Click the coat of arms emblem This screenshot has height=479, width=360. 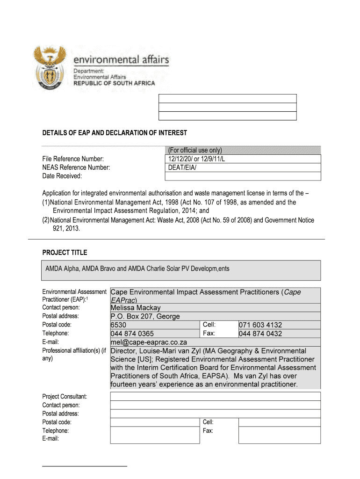[x=49, y=68]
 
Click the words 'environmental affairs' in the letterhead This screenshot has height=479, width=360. [x=121, y=60]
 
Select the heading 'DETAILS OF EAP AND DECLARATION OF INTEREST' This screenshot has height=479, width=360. [x=115, y=133]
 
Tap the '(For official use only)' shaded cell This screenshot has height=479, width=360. [x=195, y=150]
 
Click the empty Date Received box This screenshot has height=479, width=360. [x=243, y=176]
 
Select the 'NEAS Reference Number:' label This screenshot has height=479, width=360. [x=76, y=167]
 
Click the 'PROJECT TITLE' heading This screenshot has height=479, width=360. [x=65, y=253]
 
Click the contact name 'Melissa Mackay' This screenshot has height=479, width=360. [x=136, y=308]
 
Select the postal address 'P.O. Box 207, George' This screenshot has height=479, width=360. [x=145, y=316]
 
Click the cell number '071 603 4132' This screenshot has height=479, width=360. [x=260, y=325]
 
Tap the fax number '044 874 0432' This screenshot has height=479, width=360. [x=260, y=334]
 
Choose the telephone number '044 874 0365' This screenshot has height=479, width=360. [x=132, y=334]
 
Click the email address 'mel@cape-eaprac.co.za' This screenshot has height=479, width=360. [x=149, y=342]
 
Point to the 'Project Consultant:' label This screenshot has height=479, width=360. [x=65, y=397]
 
